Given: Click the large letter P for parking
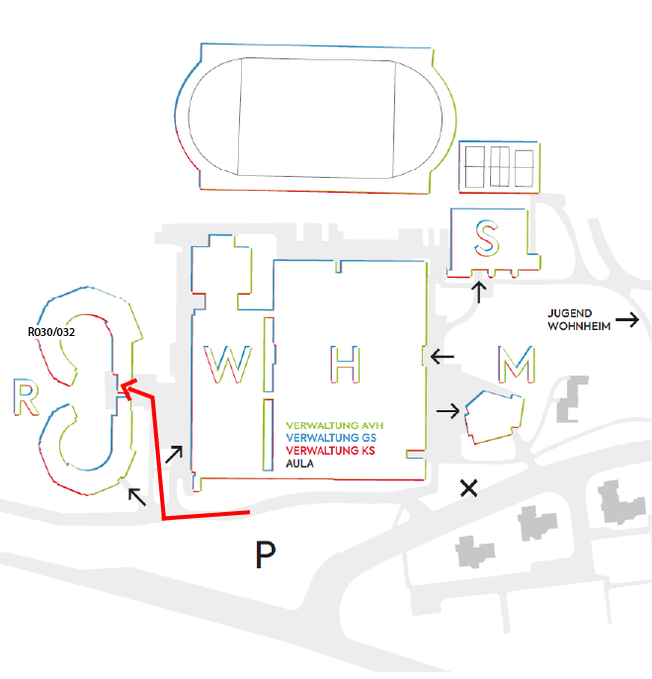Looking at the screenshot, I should [x=264, y=555].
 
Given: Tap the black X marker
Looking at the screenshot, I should [x=469, y=487].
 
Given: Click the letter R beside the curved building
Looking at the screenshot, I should [x=27, y=397].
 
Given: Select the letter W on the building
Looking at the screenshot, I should [x=227, y=364].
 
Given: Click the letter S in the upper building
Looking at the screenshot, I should [x=486, y=237].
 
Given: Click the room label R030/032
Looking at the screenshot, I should [x=52, y=333].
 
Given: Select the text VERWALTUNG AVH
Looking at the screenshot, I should [x=341, y=426].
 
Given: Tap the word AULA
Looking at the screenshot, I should [x=300, y=463].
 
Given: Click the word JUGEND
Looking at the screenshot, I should [x=568, y=312].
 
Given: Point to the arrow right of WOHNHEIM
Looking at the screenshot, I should [x=627, y=319].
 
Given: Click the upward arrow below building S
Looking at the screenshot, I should [x=479, y=292].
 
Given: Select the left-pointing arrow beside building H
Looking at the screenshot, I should [x=442, y=356].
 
